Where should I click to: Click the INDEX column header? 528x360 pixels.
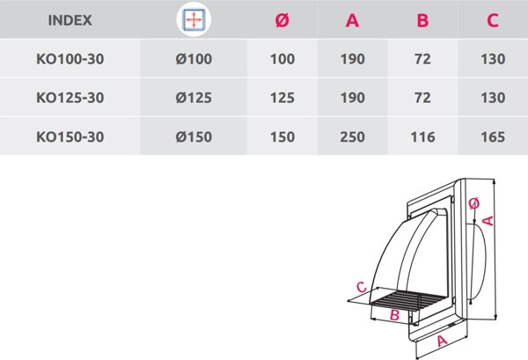point(70,20)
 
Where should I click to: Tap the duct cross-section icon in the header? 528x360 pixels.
point(194,19)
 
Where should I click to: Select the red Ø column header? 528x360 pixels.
point(282,20)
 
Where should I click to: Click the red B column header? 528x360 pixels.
point(422,20)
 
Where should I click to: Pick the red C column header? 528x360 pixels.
point(493,20)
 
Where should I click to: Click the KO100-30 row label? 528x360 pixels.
point(70,59)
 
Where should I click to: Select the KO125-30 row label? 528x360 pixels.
point(70,98)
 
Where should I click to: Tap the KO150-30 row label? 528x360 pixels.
point(70,136)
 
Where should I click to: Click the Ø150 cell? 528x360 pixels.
point(194,136)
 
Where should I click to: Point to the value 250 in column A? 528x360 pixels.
point(352,136)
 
